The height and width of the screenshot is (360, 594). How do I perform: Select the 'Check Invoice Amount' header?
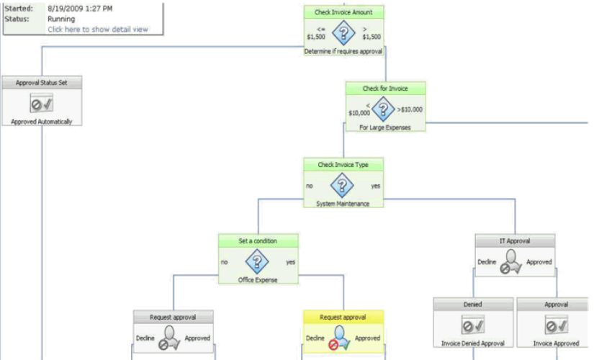(343, 12)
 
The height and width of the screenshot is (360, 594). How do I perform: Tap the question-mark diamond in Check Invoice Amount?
(343, 33)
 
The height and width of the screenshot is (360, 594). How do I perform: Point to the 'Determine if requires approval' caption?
(343, 51)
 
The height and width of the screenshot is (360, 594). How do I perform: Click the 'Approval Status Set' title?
(42, 83)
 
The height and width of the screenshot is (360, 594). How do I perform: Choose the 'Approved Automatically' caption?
(42, 122)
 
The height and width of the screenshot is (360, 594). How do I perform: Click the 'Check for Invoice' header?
(385, 89)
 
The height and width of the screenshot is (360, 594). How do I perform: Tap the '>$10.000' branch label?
(410, 109)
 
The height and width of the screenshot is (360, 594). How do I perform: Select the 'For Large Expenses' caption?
(385, 127)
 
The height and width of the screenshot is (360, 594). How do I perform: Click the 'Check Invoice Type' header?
(343, 165)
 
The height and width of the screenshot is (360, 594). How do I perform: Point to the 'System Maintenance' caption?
(343, 204)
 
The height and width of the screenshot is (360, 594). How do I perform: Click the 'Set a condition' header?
(258, 240)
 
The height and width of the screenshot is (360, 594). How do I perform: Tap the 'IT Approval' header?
(514, 240)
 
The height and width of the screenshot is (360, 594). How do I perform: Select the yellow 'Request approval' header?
(343, 317)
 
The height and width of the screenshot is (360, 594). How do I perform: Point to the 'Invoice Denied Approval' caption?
(473, 343)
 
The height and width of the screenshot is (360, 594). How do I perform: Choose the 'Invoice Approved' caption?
(556, 343)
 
